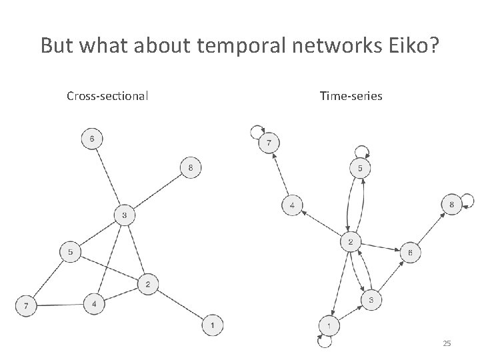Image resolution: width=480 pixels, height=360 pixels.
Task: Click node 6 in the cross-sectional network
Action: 92,139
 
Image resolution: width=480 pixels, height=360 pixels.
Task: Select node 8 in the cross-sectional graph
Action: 191,168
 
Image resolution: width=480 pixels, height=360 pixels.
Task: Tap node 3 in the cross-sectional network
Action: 125,215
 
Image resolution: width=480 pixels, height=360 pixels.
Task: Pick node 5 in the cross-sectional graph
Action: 71,253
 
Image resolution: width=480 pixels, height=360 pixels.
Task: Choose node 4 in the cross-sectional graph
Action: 94,304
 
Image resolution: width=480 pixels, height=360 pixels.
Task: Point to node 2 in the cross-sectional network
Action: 147,285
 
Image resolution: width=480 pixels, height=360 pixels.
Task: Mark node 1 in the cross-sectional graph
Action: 212,325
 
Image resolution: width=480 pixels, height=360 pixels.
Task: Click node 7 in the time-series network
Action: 269,143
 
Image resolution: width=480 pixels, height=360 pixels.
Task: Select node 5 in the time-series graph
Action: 360,169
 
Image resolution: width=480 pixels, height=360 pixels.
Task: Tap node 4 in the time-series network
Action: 292,205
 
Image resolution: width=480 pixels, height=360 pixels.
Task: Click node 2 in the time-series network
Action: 351,241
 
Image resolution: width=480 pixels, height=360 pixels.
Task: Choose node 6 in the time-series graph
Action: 410,253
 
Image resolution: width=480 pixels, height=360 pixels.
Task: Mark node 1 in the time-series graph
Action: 329,325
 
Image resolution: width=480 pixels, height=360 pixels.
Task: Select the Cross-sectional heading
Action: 107,96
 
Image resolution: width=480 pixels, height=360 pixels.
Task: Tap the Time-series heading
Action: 351,96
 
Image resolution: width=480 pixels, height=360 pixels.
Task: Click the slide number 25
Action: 447,343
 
